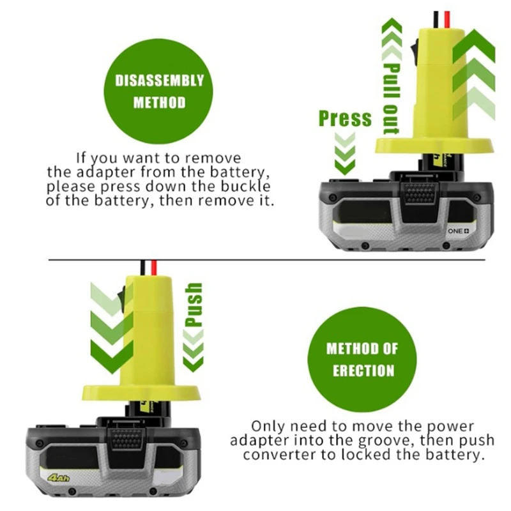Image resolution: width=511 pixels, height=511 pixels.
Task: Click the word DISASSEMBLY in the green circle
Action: (x=159, y=80)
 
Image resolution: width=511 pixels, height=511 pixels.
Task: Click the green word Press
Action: (x=345, y=118)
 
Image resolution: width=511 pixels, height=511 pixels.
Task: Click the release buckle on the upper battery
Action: (x=420, y=192)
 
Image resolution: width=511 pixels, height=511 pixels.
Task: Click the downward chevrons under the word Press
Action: (x=345, y=153)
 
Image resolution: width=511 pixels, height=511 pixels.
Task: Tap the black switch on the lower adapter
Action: (x=120, y=294)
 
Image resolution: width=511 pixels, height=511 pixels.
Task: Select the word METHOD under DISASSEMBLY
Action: (x=159, y=102)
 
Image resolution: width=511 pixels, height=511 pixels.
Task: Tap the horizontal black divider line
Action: (x=256, y=259)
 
